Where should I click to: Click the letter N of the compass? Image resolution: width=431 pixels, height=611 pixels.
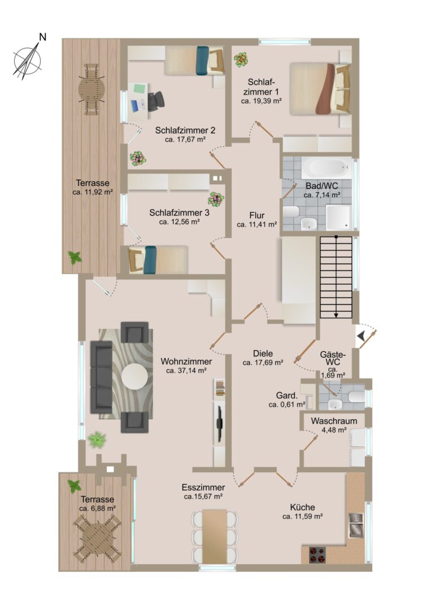coord(43,37)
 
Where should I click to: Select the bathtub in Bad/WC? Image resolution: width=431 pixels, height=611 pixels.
coord(326,168)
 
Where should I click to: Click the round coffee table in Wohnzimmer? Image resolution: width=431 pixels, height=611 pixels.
coord(134,377)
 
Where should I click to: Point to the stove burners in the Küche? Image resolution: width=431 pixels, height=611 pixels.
coord(317,555)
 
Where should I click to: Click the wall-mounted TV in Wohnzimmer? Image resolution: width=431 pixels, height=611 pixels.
coord(220,424)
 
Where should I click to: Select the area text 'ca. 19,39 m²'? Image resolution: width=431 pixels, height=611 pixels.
coord(262,101)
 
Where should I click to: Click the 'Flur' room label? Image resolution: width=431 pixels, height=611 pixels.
coord(257,215)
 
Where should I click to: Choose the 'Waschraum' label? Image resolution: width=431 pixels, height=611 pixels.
coord(334,421)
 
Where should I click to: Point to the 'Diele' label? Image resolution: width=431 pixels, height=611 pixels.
coord(263,354)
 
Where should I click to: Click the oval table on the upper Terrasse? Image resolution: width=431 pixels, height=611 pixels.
coord(92,89)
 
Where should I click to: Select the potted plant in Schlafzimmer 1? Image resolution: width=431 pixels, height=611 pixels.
coord(241,59)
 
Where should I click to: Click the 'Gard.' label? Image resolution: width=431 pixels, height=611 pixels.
coord(287,396)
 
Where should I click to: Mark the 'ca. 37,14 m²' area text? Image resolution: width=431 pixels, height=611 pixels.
coord(186,371)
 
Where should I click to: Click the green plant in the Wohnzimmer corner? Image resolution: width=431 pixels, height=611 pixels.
coord(97,440)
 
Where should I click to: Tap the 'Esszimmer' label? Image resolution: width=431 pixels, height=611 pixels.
coord(203,488)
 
